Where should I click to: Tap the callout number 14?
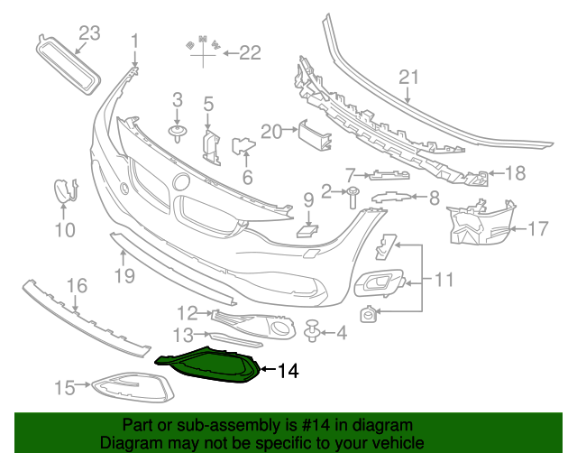pyautogui.click(x=287, y=370)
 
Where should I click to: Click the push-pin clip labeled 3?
pyautogui.click(x=178, y=134)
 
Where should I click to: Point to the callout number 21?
pyautogui.click(x=409, y=78)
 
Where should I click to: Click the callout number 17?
pyautogui.click(x=537, y=229)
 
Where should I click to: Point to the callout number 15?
pyautogui.click(x=65, y=388)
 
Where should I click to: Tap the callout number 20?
pyautogui.click(x=271, y=132)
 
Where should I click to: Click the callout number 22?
pyautogui.click(x=248, y=53)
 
